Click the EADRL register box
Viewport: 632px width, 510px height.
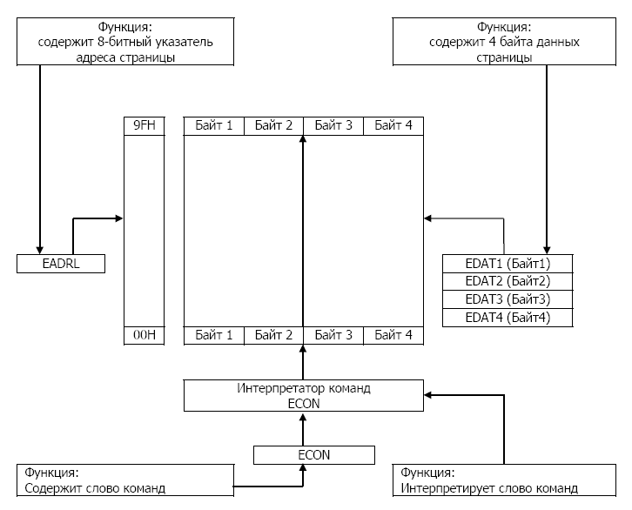(61, 263)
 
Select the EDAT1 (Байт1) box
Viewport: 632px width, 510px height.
(508, 263)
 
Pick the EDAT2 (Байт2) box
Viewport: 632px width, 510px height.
(508, 281)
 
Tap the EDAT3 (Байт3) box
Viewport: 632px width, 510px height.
(508, 299)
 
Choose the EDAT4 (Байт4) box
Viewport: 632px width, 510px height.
(508, 318)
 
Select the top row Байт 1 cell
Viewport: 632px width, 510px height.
(214, 126)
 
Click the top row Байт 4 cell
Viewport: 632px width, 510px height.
(393, 126)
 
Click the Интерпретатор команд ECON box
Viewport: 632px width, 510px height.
(304, 394)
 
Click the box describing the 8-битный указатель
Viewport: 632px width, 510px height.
(127, 42)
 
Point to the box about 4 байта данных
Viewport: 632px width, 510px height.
(505, 42)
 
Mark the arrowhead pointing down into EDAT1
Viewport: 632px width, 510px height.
(546, 249)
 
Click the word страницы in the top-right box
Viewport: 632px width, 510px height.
(505, 57)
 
